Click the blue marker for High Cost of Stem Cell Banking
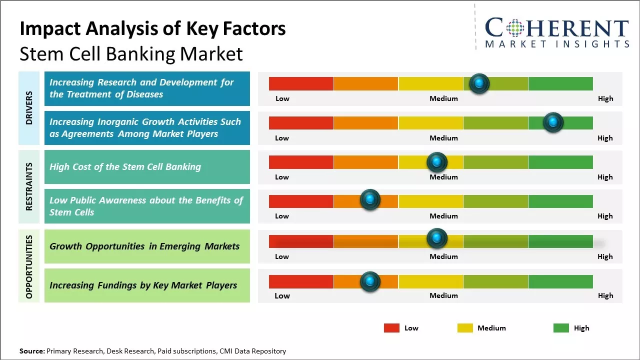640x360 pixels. pyautogui.click(x=436, y=162)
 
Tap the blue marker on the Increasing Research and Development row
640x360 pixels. pyautogui.click(x=479, y=83)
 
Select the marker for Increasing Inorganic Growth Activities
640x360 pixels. pyautogui.click(x=553, y=122)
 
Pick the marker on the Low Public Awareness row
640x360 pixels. pyautogui.click(x=370, y=200)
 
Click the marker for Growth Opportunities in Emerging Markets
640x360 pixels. pyautogui.click(x=436, y=238)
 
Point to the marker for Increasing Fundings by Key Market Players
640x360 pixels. pyautogui.click(x=370, y=282)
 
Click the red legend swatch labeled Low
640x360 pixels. pyautogui.click(x=391, y=328)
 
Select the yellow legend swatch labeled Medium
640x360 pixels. pyautogui.click(x=465, y=328)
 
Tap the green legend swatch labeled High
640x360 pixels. pyautogui.click(x=561, y=328)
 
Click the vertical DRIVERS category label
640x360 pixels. pyautogui.click(x=29, y=108)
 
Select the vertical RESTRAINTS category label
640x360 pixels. pyautogui.click(x=29, y=186)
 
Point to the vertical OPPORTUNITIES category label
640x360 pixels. pyautogui.click(x=29, y=266)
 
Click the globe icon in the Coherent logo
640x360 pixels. pyautogui.click(x=515, y=28)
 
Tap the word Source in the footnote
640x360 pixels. pyautogui.click(x=31, y=351)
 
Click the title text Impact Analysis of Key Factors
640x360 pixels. pyautogui.click(x=152, y=28)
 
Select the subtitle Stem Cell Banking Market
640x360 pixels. pyautogui.click(x=131, y=54)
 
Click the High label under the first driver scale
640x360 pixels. pyautogui.click(x=605, y=98)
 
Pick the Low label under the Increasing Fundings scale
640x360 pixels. pyautogui.click(x=282, y=295)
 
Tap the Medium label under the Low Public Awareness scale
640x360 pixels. pyautogui.click(x=443, y=216)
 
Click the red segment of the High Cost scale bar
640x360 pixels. pyautogui.click(x=301, y=162)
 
